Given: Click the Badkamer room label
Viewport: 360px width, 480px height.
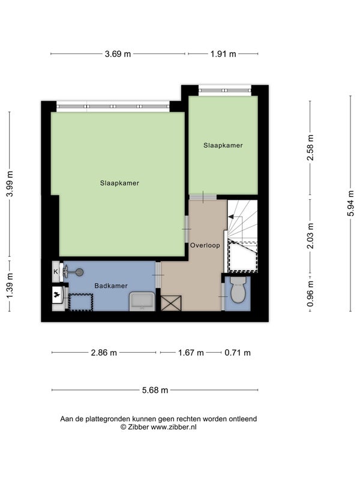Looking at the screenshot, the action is [111, 286].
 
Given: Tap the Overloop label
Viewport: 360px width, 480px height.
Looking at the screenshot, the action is [205, 245].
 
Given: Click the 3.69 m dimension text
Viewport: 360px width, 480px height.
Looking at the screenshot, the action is [118, 54].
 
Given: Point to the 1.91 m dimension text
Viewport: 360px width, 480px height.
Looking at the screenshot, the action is [223, 54].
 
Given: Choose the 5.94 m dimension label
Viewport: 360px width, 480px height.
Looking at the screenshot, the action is [350, 203].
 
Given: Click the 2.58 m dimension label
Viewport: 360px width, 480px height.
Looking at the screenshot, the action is [310, 148].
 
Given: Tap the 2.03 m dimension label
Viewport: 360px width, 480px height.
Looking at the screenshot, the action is [310, 236].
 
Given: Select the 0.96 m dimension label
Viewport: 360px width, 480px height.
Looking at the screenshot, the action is [310, 294].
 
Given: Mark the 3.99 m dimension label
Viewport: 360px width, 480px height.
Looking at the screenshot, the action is [10, 184].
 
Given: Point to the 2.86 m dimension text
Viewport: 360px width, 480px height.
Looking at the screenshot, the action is [104, 353].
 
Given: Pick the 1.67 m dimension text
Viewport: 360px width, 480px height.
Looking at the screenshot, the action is [191, 353].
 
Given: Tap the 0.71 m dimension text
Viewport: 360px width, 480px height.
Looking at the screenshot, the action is [238, 353].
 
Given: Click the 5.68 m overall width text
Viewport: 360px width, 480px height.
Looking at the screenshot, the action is [155, 390].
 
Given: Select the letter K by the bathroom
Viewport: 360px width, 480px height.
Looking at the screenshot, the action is [56, 272].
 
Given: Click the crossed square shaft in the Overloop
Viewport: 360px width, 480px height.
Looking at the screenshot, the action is [171, 303].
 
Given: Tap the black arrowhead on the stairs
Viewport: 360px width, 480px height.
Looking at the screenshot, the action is [231, 217].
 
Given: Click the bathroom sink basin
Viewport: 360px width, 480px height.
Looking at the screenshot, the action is [142, 302].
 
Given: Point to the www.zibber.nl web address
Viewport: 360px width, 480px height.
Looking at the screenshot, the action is [173, 427].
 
